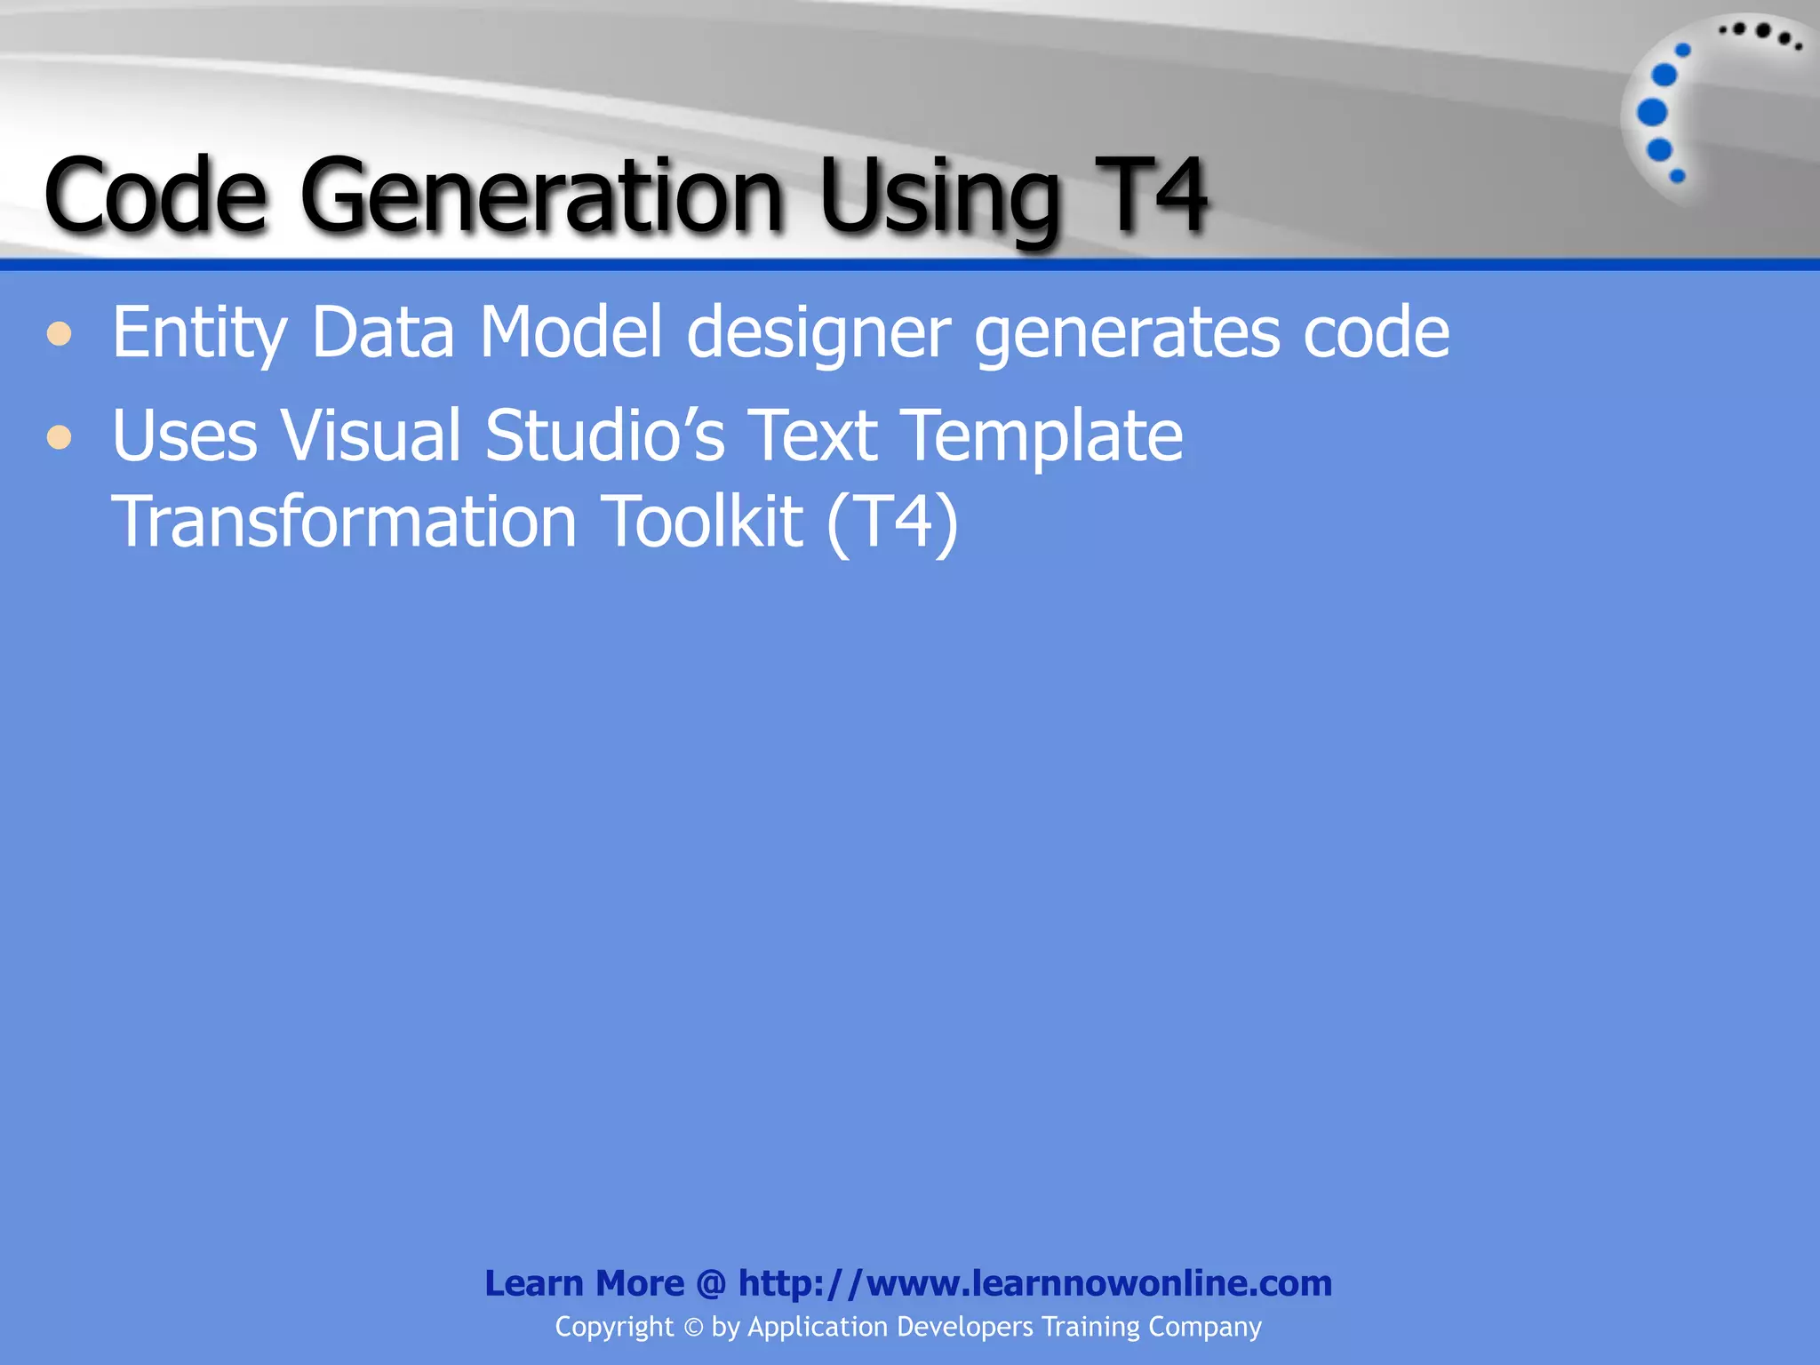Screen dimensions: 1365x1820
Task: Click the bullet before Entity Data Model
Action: [60, 335]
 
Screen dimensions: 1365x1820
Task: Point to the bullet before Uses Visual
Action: [60, 437]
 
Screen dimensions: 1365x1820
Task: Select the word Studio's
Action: [605, 435]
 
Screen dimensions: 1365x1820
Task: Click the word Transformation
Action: [344, 522]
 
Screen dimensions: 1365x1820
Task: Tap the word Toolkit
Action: [702, 522]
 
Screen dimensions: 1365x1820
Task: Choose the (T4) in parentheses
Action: [892, 522]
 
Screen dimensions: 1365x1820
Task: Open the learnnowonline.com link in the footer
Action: [1034, 1283]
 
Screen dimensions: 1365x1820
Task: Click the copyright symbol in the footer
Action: [693, 1328]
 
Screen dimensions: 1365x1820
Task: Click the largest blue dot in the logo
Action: [1652, 113]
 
